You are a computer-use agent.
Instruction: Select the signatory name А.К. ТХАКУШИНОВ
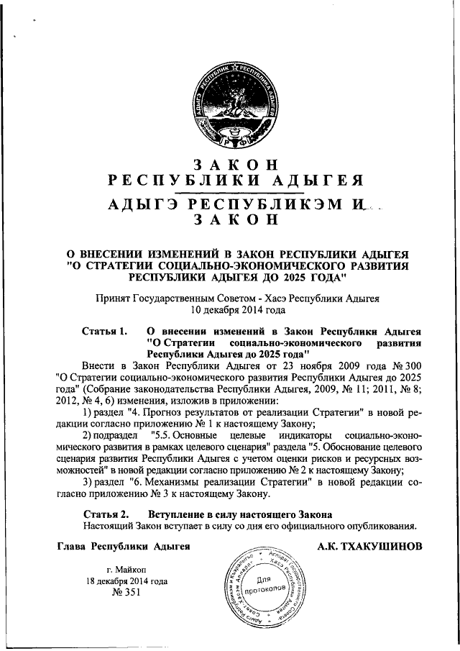point(369,547)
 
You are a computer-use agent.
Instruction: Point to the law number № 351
point(126,593)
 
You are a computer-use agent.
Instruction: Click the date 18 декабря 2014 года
point(126,581)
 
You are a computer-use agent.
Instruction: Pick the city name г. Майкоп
point(126,569)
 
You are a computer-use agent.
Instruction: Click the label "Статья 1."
point(105,332)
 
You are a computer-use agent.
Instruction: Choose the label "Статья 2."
point(105,514)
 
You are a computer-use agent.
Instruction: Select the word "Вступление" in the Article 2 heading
point(178,514)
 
